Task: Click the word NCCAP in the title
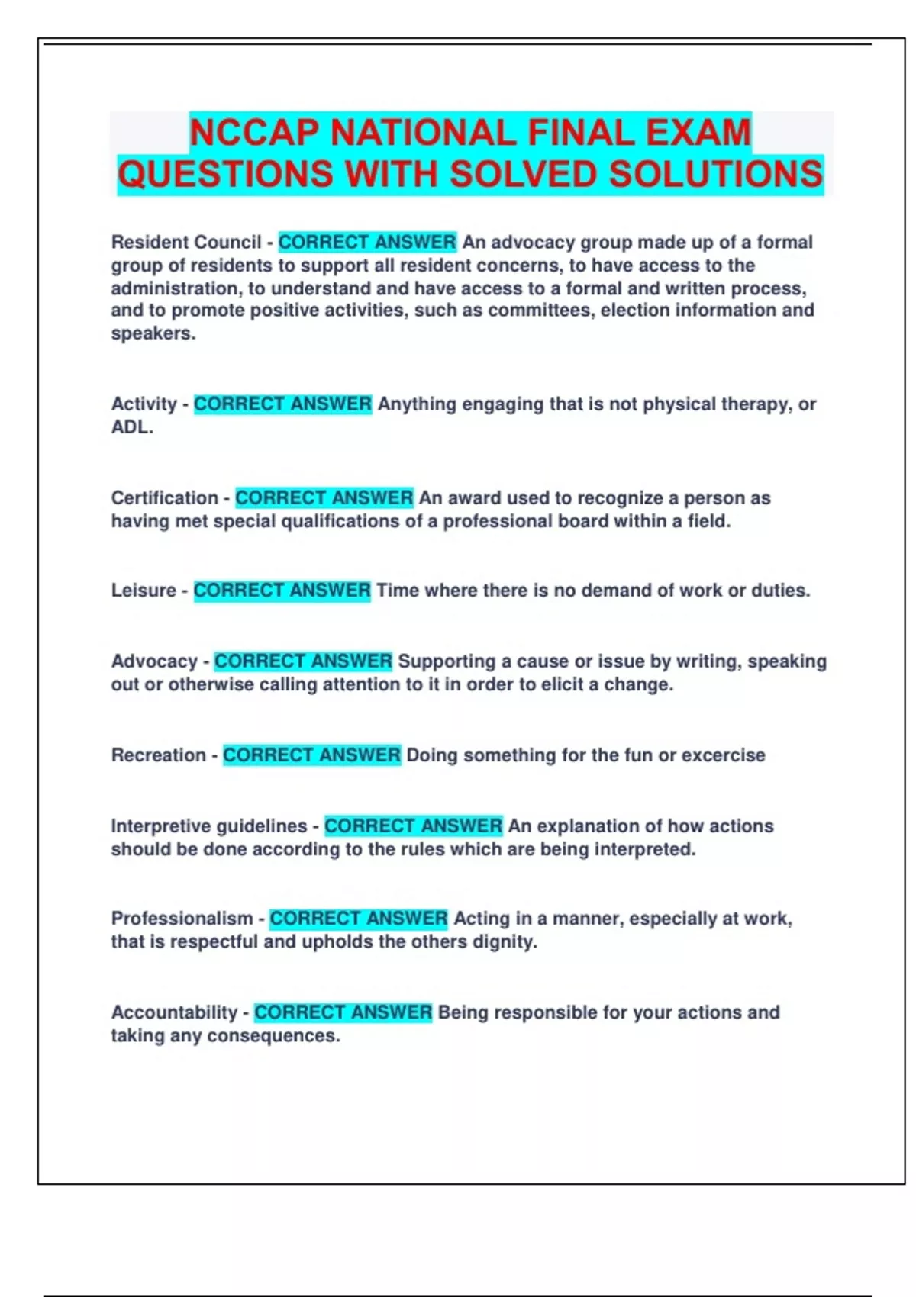[x=255, y=133]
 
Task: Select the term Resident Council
[x=186, y=243]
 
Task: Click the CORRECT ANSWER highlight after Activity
[x=282, y=404]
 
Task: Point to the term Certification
[x=165, y=498]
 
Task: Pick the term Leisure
[x=144, y=591]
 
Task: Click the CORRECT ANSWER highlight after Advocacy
[x=303, y=661]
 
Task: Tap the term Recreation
[x=159, y=755]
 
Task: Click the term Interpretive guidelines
[x=209, y=826]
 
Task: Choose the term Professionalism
[x=182, y=919]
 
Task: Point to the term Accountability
[x=175, y=1012]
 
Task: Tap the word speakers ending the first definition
[x=153, y=334]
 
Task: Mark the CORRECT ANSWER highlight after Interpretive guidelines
[x=413, y=826]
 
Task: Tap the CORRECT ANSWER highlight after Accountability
[x=343, y=1012]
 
